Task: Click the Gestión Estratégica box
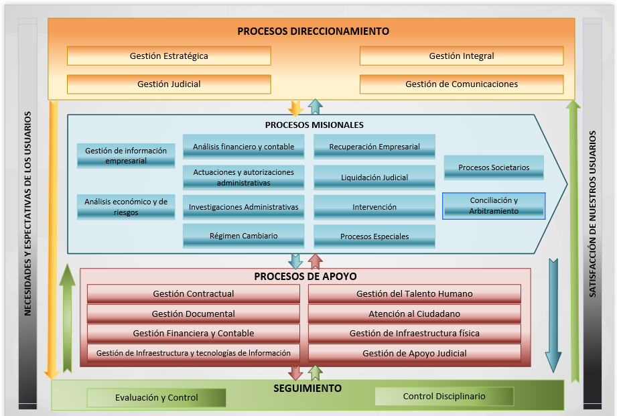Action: coord(169,56)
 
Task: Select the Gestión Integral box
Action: coord(462,56)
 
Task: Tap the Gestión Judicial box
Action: coord(169,84)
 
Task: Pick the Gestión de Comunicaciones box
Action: coord(462,84)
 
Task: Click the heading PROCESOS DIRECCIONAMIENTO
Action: coord(313,31)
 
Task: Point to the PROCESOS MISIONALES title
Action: coord(314,125)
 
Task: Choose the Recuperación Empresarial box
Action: coord(374,147)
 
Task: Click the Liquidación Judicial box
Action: coord(374,178)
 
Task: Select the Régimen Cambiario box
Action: coord(243,236)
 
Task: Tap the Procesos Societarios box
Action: coord(494,167)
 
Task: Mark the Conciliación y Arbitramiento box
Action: coord(494,206)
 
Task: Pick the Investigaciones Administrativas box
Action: coord(243,207)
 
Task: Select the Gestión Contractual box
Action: coord(193,293)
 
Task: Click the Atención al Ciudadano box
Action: coord(414,314)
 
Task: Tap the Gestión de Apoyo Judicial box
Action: coord(414,353)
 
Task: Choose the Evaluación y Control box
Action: coord(156,397)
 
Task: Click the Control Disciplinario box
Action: coord(444,396)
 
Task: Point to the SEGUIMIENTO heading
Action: coord(307,389)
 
